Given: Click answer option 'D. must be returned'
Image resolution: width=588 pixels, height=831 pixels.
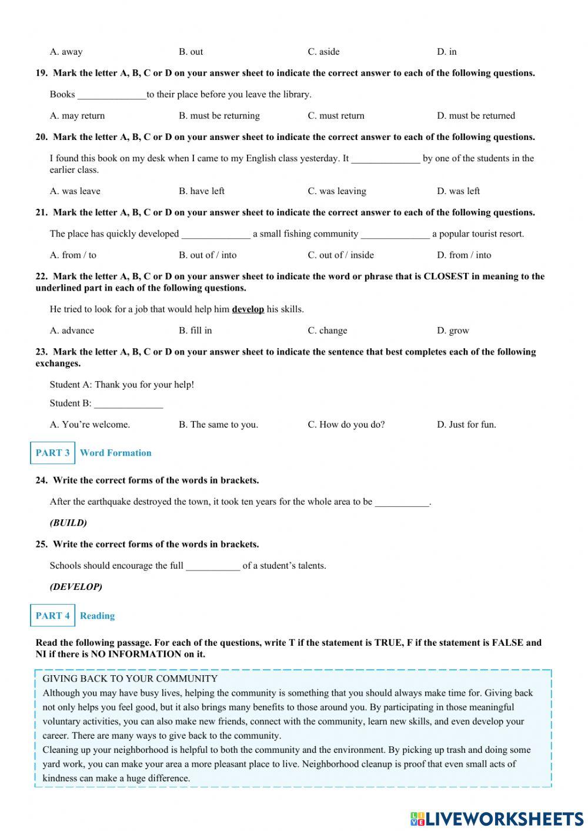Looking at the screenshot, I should pos(476,116).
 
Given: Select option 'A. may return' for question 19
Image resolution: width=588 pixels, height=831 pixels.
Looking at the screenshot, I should pos(77,116).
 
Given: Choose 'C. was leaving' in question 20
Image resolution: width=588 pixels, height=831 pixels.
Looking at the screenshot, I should pos(336,191).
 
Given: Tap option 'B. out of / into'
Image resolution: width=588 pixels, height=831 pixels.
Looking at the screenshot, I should pos(207,255).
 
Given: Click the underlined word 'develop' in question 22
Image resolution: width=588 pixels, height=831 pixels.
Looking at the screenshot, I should pos(248,309).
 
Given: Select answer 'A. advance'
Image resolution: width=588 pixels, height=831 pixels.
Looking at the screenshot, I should pos(72,331).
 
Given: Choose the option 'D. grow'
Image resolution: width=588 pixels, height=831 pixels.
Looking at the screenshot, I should pos(453,331).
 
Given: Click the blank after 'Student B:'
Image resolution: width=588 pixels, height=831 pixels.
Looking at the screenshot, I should pos(128,404).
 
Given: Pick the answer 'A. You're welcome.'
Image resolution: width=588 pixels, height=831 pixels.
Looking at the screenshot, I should pos(89,425).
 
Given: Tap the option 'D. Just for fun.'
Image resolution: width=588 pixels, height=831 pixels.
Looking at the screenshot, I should pos(466,425).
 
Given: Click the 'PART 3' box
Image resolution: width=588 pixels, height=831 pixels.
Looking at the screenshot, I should pos(52,453).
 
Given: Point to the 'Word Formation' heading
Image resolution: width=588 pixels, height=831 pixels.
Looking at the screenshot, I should pos(115,453).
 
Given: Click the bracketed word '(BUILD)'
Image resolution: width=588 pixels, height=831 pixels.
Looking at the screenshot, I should pos(68,523).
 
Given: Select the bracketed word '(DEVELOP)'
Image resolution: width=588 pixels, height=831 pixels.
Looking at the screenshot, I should pos(76,587).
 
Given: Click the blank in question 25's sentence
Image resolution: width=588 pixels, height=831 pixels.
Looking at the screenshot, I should pos(213,566).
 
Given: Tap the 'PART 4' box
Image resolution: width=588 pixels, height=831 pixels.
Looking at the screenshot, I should pos(52,616).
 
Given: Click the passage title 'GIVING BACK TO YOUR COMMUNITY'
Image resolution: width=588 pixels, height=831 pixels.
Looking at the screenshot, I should pos(130,679).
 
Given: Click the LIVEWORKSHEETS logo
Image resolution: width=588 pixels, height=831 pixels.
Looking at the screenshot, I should pos(496,819).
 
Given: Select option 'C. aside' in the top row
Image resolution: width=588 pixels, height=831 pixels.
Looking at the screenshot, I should pos(323,52).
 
